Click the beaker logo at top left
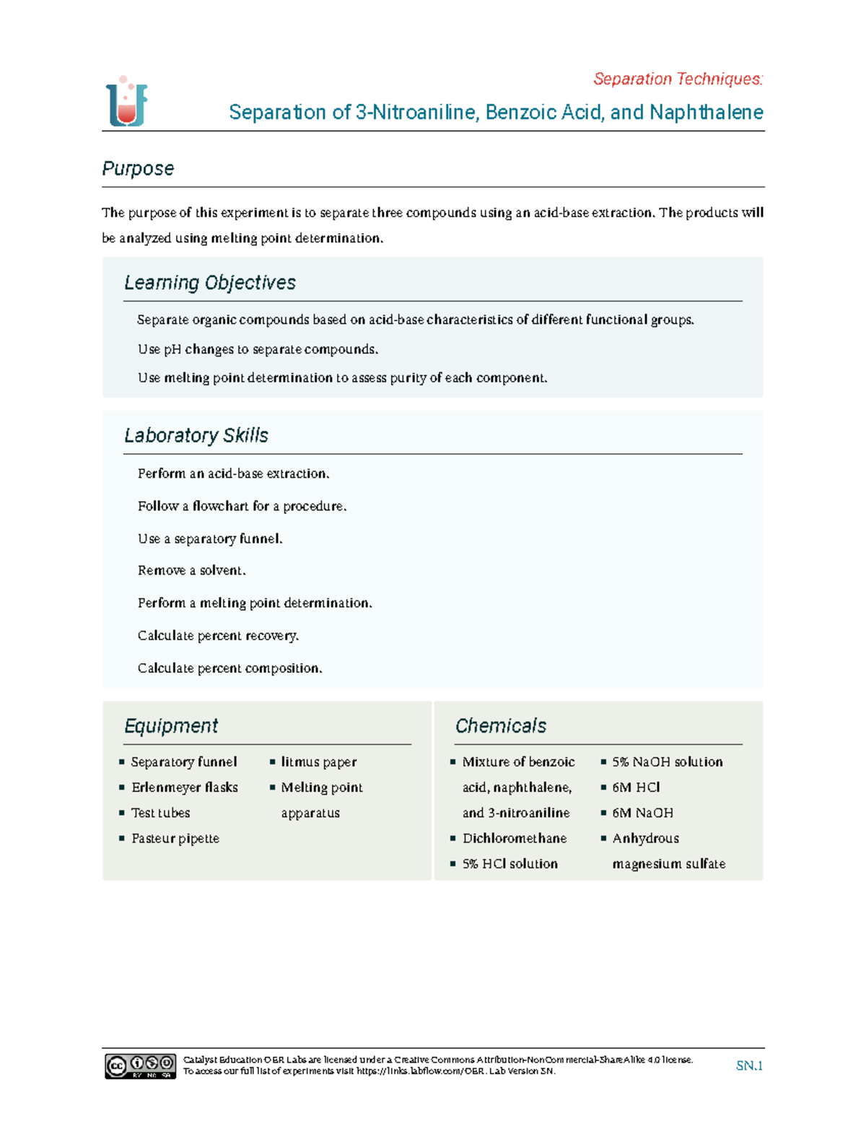pyautogui.click(x=127, y=102)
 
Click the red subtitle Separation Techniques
pyautogui.click(x=678, y=79)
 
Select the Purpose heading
pyautogui.click(x=138, y=168)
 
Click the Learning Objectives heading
pyautogui.click(x=209, y=282)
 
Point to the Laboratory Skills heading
pyautogui.click(x=196, y=435)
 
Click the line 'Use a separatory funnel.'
pyautogui.click(x=210, y=538)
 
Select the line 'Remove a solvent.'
pyautogui.click(x=191, y=570)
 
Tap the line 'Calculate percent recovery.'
pyautogui.click(x=218, y=635)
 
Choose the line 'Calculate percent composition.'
pyautogui.click(x=229, y=668)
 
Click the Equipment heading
pyautogui.click(x=170, y=725)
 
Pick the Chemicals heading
pyautogui.click(x=500, y=725)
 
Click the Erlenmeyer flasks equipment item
pyautogui.click(x=184, y=787)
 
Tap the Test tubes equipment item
pyautogui.click(x=160, y=813)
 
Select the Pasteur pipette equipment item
pyautogui.click(x=175, y=838)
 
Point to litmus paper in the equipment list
pyautogui.click(x=318, y=762)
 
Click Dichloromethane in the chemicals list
pyautogui.click(x=514, y=838)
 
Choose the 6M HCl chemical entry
pyautogui.click(x=636, y=787)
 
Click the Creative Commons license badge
pyautogui.click(x=140, y=1065)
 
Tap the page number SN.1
pyautogui.click(x=749, y=1065)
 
